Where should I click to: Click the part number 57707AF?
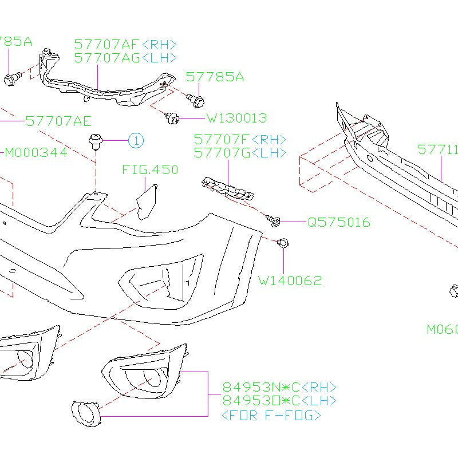[106, 45]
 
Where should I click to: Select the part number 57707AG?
[106, 57]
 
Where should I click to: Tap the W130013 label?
[236, 119]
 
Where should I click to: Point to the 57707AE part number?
[58, 121]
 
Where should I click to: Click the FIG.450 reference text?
[150, 169]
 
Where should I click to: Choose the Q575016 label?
[338, 222]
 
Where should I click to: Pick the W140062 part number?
[290, 281]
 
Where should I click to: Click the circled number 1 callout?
[136, 140]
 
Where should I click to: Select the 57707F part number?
[221, 140]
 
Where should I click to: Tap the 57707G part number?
[221, 153]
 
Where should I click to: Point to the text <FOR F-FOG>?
[271, 416]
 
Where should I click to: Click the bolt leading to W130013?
[171, 118]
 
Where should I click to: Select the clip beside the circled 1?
[95, 141]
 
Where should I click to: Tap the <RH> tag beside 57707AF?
[159, 45]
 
